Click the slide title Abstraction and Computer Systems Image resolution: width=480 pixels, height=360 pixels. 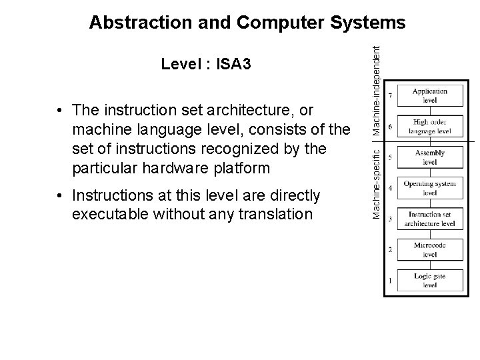(x=247, y=23)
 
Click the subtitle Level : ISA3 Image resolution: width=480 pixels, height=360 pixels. (x=206, y=64)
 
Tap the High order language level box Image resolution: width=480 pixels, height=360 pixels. (x=429, y=127)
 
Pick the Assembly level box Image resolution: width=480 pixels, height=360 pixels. (x=429, y=157)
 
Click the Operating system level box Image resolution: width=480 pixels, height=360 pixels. (x=429, y=188)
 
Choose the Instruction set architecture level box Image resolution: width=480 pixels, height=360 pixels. (x=429, y=219)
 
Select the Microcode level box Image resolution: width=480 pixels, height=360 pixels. (x=429, y=250)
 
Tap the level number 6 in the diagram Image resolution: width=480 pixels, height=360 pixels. (x=390, y=127)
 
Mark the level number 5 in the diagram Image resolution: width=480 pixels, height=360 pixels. (x=390, y=157)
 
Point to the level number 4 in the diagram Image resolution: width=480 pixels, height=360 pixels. (x=390, y=188)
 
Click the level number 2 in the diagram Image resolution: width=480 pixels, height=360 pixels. (x=390, y=250)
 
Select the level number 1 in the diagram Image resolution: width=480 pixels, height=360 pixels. (x=390, y=281)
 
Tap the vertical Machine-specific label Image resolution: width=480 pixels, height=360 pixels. (x=377, y=180)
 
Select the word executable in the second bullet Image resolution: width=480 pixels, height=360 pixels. (x=109, y=215)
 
